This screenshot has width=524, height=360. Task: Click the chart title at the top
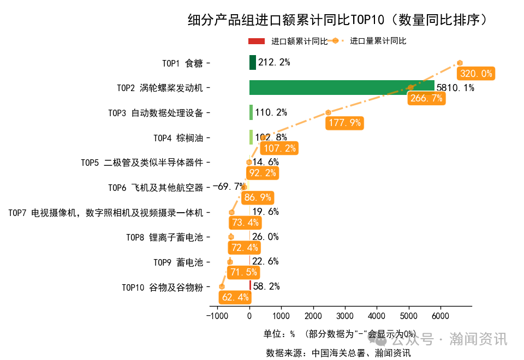tap(337, 20)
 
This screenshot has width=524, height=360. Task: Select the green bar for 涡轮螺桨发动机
tap(342, 87)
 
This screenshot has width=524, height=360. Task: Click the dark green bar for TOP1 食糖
tap(253, 62)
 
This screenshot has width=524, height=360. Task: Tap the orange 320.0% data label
tap(476, 74)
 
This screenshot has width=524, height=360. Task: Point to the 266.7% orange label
tap(426, 98)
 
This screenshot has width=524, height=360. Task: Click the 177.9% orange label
tap(344, 123)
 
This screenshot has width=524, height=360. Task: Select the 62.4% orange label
tap(235, 297)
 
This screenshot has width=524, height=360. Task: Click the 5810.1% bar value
tap(455, 88)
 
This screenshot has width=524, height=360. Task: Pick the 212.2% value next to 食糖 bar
tap(274, 62)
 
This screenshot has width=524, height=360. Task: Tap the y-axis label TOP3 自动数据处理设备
tap(156, 113)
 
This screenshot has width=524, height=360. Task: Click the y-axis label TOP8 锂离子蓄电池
tap(164, 237)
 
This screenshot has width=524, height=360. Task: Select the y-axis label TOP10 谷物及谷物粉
tap(162, 287)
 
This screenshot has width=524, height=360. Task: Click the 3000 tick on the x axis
tap(345, 316)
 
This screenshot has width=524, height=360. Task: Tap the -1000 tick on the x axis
tap(217, 316)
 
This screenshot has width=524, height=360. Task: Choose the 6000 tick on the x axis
tap(440, 316)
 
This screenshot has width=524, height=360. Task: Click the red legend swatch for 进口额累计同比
tap(256, 41)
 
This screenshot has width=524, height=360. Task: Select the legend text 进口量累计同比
tap(378, 41)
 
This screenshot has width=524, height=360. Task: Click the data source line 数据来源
tap(338, 352)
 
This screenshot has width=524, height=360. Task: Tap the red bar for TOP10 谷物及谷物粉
tap(251, 286)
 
